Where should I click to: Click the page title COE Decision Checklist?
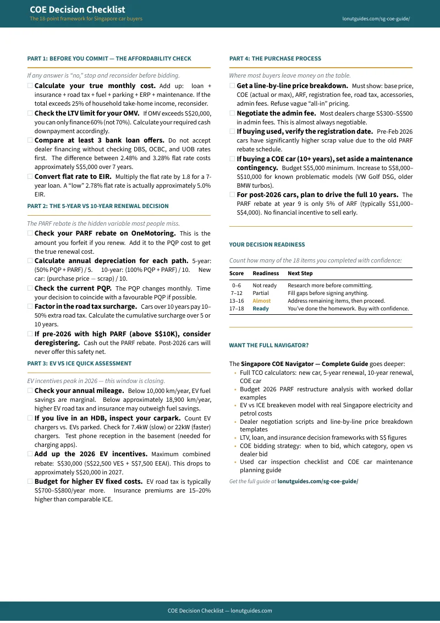point(77,9)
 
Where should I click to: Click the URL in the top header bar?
point(376,19)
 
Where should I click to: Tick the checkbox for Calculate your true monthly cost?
point(30,86)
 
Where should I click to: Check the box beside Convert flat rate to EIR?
point(30,177)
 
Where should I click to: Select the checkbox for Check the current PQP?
point(30,288)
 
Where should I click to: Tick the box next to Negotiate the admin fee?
point(232,113)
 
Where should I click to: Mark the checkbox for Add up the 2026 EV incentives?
point(30,454)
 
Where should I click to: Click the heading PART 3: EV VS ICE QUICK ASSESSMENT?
point(79,363)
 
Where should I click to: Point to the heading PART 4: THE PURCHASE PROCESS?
point(275,58)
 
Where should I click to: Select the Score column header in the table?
point(237,274)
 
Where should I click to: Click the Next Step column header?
point(300,274)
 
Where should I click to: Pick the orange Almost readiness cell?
point(261,301)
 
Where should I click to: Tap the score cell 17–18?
point(237,309)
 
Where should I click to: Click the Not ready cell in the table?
point(265,286)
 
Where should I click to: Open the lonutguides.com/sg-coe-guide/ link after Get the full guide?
point(317,481)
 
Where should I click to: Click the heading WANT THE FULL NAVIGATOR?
point(268,346)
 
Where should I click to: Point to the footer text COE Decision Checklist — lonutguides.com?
point(220,610)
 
